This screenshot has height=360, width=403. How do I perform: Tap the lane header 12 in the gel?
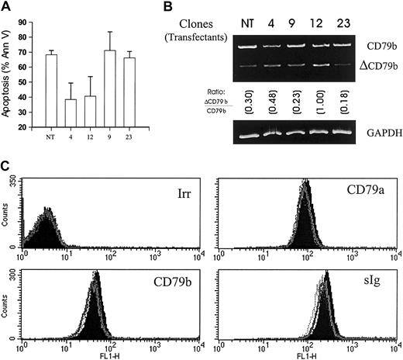(319, 22)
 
